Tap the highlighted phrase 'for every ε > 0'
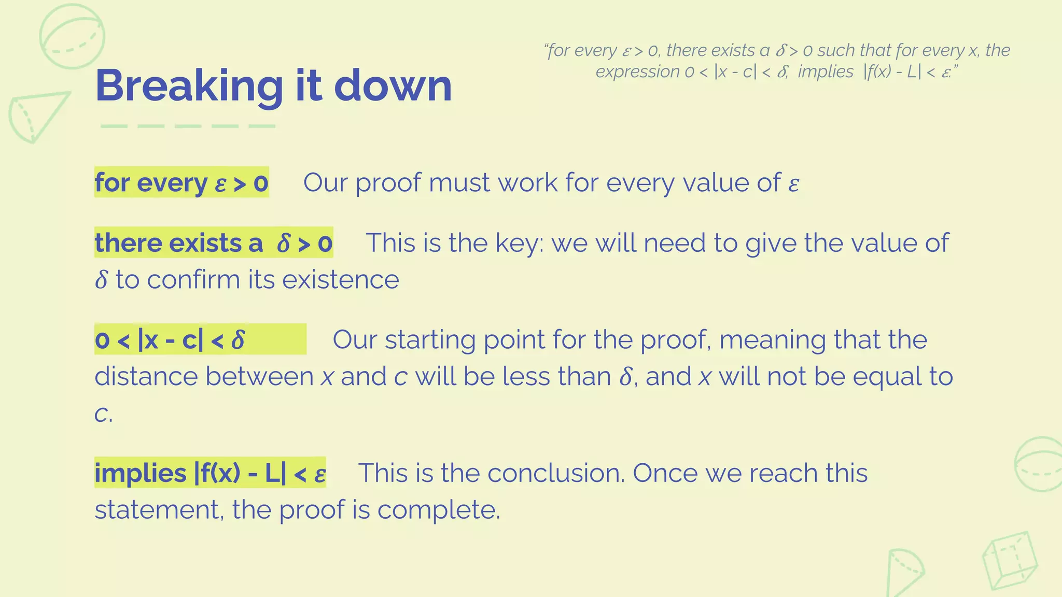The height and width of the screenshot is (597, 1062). tap(181, 182)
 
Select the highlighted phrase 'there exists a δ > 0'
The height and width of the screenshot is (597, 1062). tap(214, 243)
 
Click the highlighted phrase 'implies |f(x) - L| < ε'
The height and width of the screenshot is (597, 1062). tap(210, 473)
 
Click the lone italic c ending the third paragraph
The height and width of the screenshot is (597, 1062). tap(101, 414)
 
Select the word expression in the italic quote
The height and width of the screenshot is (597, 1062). tap(637, 72)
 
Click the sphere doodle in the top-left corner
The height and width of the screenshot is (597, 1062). tap(72, 36)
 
